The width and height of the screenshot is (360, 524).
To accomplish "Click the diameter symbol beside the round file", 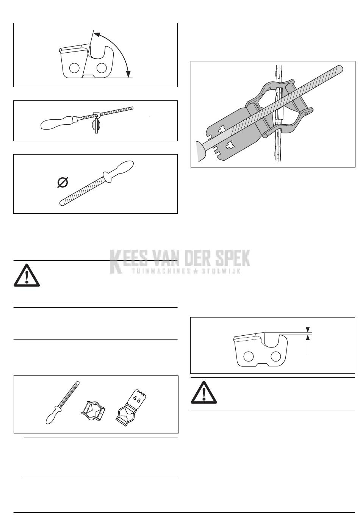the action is [63, 183].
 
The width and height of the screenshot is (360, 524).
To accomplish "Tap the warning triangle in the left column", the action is [27, 275].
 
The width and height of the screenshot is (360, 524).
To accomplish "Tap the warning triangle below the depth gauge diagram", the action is [204, 393].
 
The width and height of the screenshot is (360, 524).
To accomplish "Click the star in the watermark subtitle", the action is [197, 271].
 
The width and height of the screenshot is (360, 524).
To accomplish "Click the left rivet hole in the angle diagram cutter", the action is [75, 68].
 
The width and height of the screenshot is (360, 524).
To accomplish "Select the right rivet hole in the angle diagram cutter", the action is [102, 68].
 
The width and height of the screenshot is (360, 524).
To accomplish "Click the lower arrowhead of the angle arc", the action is [128, 74].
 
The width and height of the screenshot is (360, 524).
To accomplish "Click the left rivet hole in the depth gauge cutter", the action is [249, 356].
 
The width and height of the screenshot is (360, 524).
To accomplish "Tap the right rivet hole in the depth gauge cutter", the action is [276, 356].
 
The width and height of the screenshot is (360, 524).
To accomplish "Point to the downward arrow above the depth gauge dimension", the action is [308, 327].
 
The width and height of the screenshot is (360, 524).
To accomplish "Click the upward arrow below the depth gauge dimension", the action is [308, 344].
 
